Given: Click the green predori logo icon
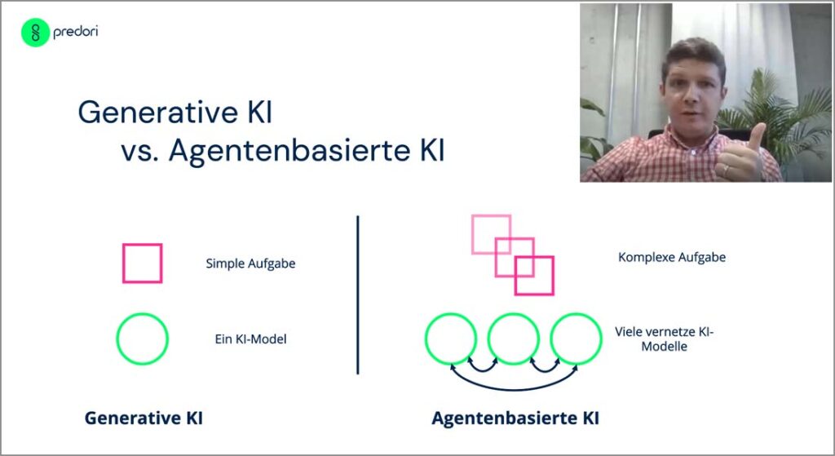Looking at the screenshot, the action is [35, 33].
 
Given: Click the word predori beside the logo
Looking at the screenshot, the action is [75, 32].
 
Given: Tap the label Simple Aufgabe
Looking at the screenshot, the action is [250, 263].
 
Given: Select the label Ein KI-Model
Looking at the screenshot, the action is [250, 339].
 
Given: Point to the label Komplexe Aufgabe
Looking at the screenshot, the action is [672, 257].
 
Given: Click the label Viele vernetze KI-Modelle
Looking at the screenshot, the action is [664, 339].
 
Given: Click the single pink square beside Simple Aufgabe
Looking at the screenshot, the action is [123, 263].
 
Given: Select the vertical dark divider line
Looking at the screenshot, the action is [357, 294].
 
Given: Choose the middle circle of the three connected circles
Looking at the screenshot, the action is [488, 339].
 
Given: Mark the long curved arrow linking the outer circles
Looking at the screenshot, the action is [514, 389].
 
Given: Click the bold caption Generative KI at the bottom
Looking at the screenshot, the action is [144, 418].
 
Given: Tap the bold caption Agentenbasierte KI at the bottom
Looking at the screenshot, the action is [515, 418].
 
